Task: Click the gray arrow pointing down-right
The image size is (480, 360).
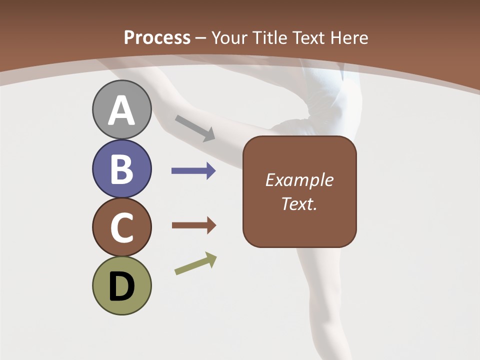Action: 195,128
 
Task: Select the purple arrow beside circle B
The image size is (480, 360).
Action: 193,171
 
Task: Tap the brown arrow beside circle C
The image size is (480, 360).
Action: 193,225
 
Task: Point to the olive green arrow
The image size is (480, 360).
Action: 195,263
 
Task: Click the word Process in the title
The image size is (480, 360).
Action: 157,38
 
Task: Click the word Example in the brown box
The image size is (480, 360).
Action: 299,180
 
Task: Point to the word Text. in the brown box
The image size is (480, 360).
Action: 299,203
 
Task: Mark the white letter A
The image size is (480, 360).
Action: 121,110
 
